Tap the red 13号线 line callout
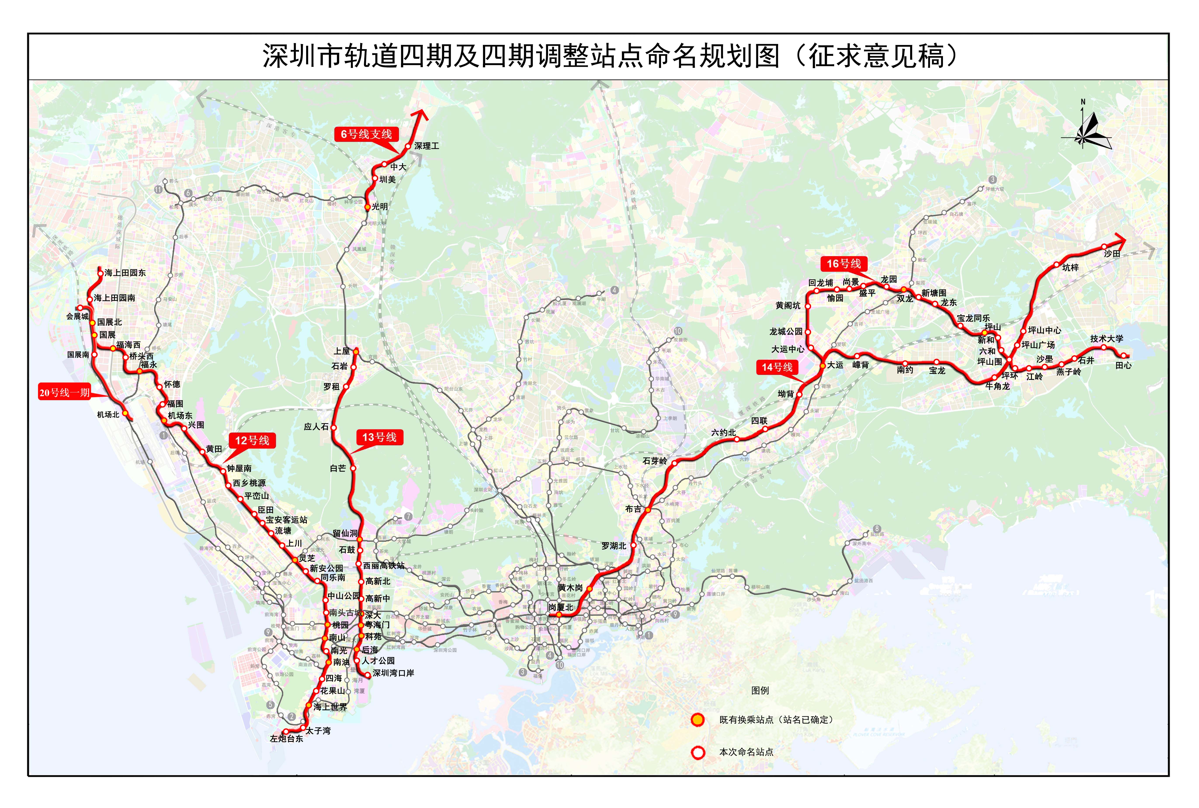(379, 438)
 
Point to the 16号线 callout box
(844, 264)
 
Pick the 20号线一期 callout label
(64, 393)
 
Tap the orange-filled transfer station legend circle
(698, 720)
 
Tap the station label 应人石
(316, 427)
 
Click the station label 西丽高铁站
(384, 565)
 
